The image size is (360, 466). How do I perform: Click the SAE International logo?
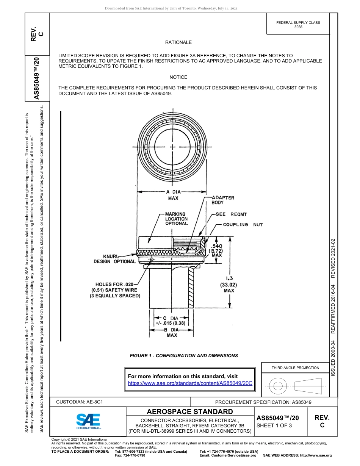(x=88, y=421)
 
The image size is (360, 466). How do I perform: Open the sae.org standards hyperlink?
(x=190, y=383)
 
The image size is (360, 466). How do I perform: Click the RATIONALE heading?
(x=178, y=42)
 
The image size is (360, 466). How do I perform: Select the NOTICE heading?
(x=178, y=77)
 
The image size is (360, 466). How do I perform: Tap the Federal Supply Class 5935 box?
(x=298, y=25)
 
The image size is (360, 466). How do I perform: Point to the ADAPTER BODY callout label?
(x=222, y=200)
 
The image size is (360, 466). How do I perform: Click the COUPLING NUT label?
(x=243, y=225)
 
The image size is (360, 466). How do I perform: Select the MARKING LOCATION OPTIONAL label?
(x=176, y=219)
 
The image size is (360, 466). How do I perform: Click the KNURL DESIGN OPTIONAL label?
(x=114, y=259)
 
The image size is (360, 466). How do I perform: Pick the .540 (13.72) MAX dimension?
(x=216, y=250)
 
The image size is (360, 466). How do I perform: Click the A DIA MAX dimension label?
(x=173, y=195)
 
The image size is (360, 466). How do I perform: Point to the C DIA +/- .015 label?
(x=171, y=321)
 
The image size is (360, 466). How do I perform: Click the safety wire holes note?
(x=115, y=290)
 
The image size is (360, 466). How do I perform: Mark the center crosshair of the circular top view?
(x=172, y=147)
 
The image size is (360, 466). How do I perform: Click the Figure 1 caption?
(x=184, y=356)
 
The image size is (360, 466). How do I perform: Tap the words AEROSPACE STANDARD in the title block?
(x=190, y=412)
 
